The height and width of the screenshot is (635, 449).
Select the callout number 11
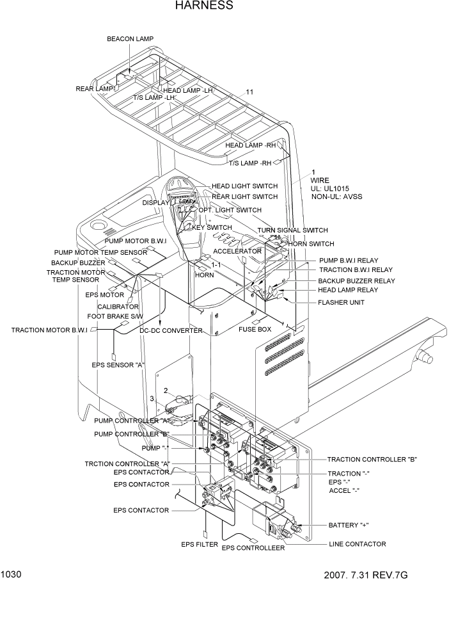pos(249,92)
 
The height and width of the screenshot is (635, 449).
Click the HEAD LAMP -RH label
pos(249,145)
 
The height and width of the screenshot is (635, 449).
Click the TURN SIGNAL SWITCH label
pos(292,230)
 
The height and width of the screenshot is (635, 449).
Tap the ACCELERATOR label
pos(237,252)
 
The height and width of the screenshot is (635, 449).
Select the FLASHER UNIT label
pos(341,302)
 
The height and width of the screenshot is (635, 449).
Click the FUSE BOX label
pos(255,330)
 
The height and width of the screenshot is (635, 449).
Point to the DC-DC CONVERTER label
pos(171,331)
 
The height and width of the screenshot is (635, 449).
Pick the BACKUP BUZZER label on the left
pos(78,263)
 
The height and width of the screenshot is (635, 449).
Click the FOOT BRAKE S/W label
pos(115,316)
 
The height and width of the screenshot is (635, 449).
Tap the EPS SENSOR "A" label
pos(118,365)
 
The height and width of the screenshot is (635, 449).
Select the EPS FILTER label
pos(200,545)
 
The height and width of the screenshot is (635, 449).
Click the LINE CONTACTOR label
pos(357,544)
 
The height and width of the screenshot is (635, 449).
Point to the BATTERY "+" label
pos(349,525)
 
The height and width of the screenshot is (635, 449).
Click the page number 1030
pos(12,574)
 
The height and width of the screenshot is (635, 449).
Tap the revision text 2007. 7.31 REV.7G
pos(365,575)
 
